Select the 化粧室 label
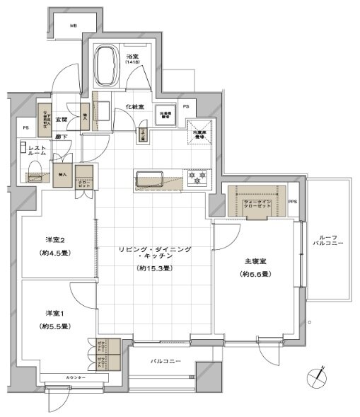pyautogui.click(x=136, y=106)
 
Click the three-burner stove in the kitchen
pyautogui.click(x=195, y=178)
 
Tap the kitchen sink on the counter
pyautogui.click(x=150, y=178)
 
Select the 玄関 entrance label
pyautogui.click(x=62, y=120)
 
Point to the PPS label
pyautogui.click(x=294, y=202)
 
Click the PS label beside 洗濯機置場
pyautogui.click(x=186, y=106)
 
